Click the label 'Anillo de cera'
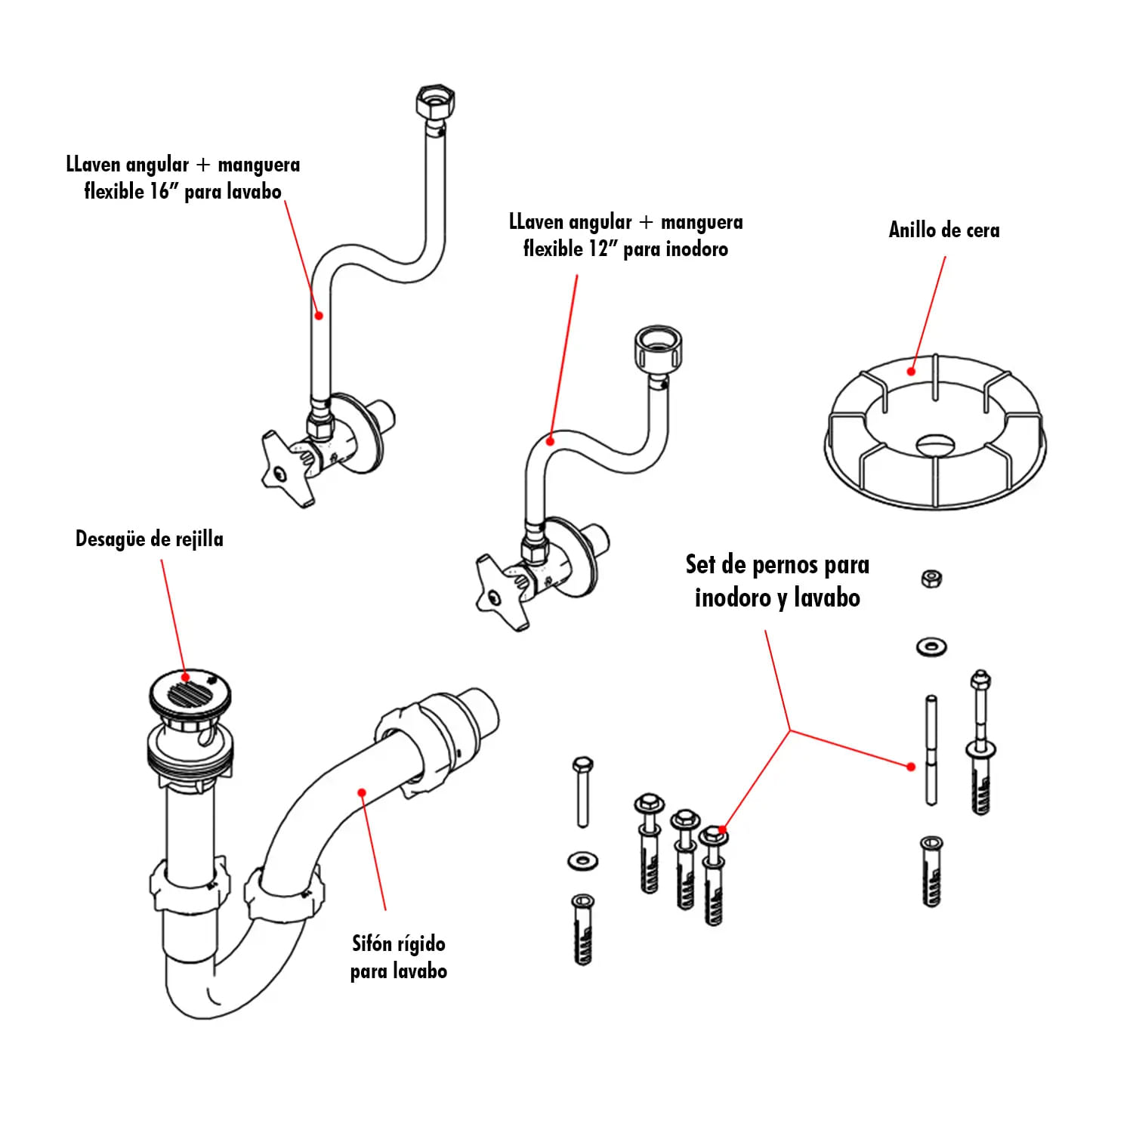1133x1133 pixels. point(943,230)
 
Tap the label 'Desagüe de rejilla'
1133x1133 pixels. point(150,539)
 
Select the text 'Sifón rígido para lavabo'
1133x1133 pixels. point(398,957)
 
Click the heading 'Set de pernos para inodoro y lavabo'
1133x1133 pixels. point(777,581)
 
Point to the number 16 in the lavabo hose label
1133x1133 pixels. point(159,191)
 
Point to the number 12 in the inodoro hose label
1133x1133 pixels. point(597,249)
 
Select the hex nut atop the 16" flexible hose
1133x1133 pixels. point(435,102)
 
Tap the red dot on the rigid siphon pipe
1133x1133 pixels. point(362,792)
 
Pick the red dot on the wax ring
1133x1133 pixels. point(912,371)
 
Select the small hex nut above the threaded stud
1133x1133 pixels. point(931,579)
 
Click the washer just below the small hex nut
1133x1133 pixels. point(931,647)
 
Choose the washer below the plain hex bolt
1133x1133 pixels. point(582,860)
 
